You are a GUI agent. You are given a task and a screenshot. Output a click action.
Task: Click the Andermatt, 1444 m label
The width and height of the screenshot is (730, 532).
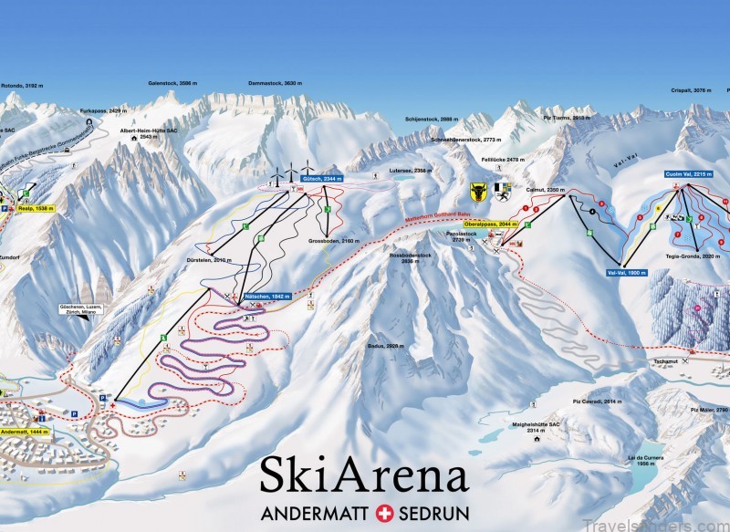pyautogui.click(x=25, y=431)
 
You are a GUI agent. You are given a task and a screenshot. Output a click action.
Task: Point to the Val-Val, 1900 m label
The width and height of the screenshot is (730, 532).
pyautogui.click(x=626, y=273)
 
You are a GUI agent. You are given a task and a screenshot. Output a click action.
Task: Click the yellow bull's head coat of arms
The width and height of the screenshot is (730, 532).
pyautogui.click(x=478, y=192)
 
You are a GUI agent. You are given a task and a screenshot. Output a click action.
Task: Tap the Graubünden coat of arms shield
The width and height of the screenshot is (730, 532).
pyautogui.click(x=502, y=192)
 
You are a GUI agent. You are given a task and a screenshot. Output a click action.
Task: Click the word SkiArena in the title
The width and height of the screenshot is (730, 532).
pyautogui.click(x=363, y=475)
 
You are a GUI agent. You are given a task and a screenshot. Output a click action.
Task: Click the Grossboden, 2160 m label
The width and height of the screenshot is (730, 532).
pyautogui.click(x=331, y=243)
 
